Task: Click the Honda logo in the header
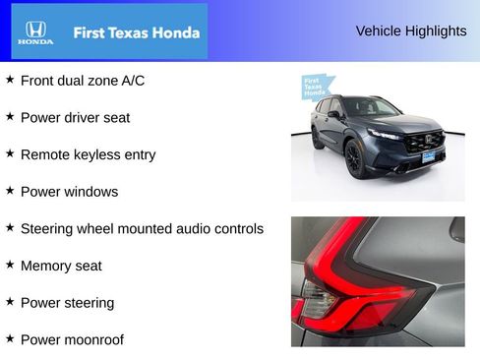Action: click(x=36, y=31)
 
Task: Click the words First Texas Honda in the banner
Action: click(x=136, y=32)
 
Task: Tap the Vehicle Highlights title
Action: click(x=411, y=30)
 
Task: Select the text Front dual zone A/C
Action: click(x=83, y=80)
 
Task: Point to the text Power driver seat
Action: click(x=75, y=117)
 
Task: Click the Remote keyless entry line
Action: click(x=88, y=154)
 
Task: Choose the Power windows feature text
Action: click(x=69, y=192)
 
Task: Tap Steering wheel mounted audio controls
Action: click(x=142, y=228)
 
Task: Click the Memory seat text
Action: click(x=61, y=266)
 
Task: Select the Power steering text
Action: click(x=67, y=303)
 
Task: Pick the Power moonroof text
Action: click(x=72, y=340)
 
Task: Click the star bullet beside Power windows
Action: click(x=10, y=190)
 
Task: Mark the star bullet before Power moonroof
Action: click(x=10, y=338)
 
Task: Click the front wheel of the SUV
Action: click(x=355, y=158)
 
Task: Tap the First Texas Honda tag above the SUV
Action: click(x=316, y=87)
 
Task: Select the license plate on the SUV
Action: click(x=429, y=155)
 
